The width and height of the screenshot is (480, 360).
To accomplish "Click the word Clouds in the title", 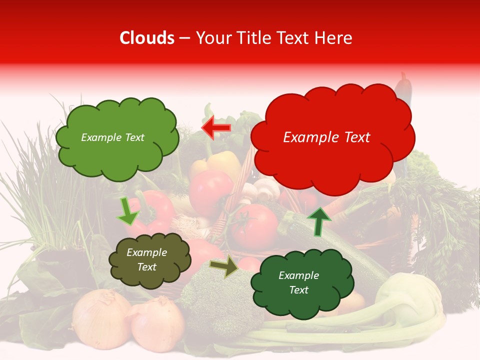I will [147, 38].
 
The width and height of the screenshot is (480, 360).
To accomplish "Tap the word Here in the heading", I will [334, 38].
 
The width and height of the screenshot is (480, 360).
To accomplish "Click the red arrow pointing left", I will [216, 128].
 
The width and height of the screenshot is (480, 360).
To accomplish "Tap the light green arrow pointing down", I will [127, 211].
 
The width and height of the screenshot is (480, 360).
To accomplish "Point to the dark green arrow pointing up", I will [318, 221].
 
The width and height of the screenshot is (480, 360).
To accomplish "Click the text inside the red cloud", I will [326, 137].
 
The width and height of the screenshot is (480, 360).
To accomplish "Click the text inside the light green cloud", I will [112, 137].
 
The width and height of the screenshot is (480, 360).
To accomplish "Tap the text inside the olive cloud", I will [146, 260].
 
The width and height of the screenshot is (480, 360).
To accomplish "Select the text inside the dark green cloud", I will [298, 282].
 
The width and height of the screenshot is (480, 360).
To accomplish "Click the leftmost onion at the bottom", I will [100, 320].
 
